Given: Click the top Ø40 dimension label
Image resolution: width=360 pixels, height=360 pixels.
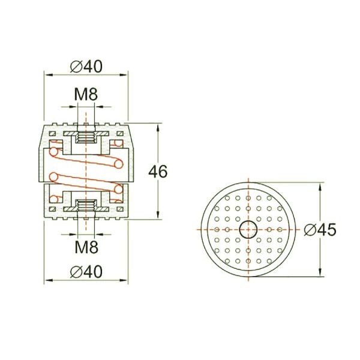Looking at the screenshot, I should point(86,67).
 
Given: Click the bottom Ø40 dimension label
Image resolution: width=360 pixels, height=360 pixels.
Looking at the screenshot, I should point(86,271).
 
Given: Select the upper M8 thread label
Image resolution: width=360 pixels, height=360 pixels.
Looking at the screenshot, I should point(86,94).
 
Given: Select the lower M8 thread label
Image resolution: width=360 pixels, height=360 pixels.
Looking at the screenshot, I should point(86,245).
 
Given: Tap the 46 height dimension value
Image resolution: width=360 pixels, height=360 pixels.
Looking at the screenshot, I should point(157,172).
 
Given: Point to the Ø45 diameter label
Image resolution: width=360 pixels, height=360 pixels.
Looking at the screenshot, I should point(319,229).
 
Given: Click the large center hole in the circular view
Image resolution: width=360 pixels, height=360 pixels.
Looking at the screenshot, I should point(247,229).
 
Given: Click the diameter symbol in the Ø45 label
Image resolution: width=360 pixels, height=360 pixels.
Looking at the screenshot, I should point(309,229).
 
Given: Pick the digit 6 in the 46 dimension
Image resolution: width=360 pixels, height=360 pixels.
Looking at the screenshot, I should point(162,172).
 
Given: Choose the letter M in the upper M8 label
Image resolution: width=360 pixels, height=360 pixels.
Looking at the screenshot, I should point(81,94).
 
